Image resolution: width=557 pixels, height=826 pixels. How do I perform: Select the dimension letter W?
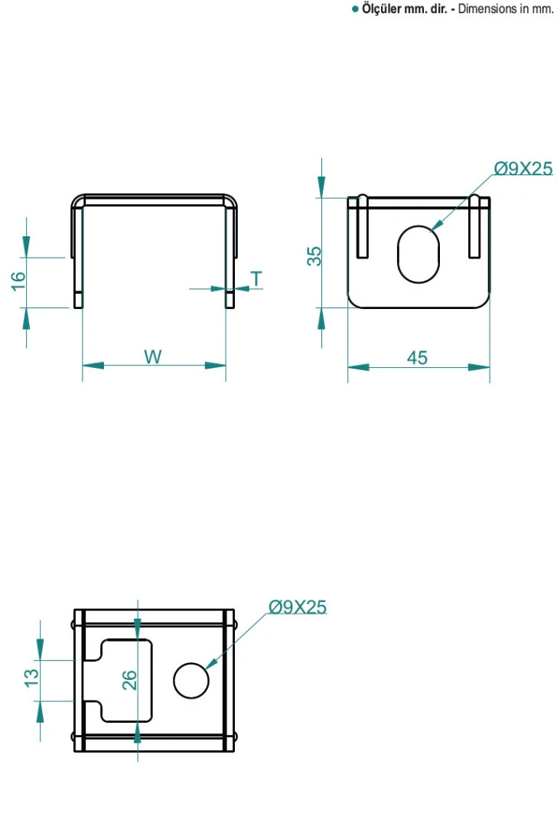(153, 357)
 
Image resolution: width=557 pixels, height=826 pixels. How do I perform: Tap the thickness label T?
(256, 279)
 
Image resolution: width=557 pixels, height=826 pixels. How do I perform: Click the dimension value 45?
(417, 358)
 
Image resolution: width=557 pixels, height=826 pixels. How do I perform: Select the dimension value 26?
(129, 678)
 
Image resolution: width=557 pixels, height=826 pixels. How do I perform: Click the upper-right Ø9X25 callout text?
(523, 169)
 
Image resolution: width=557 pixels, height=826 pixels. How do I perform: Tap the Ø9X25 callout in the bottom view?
(297, 607)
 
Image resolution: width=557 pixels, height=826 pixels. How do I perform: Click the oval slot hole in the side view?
(419, 254)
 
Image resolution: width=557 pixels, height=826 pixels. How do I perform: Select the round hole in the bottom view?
(191, 680)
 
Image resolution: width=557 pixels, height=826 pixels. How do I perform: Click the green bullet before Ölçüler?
(355, 9)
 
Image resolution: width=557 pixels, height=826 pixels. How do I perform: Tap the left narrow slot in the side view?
(363, 228)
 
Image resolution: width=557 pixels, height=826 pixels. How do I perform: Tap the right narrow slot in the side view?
(474, 228)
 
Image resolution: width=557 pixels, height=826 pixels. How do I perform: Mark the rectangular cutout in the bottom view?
(126, 680)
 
